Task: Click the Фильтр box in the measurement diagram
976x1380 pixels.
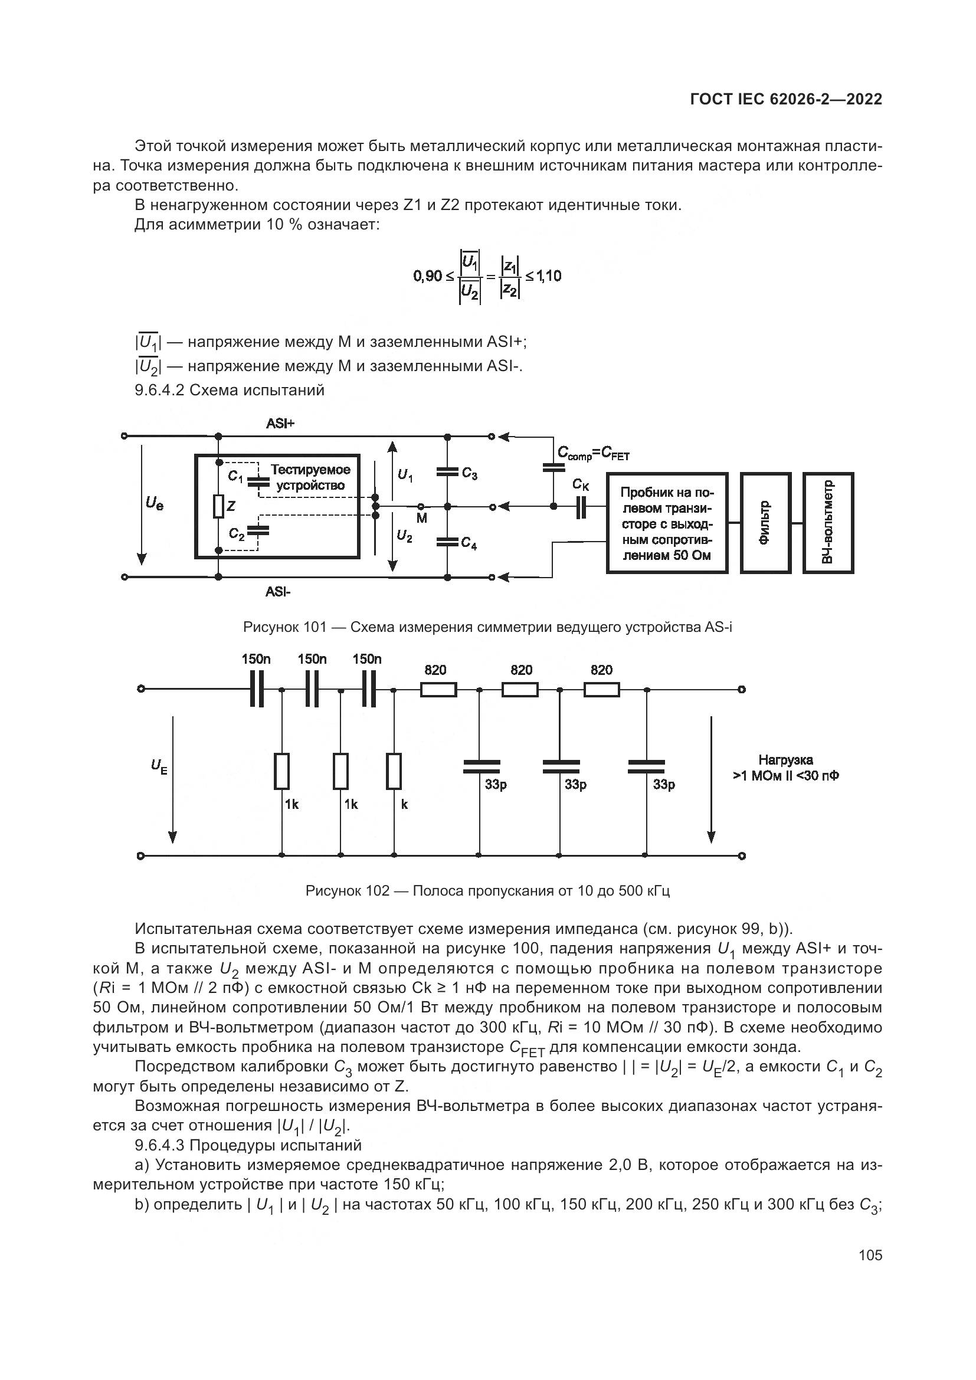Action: click(x=765, y=523)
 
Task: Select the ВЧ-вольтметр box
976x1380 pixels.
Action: click(x=827, y=523)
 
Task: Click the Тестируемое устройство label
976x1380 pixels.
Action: click(x=310, y=477)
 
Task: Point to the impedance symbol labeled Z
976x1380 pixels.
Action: click(x=219, y=507)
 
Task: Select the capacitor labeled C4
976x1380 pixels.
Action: click(x=447, y=542)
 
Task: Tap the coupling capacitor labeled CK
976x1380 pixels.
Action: click(x=580, y=507)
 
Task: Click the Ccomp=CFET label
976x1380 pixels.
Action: click(x=592, y=454)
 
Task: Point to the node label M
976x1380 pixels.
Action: click(x=422, y=518)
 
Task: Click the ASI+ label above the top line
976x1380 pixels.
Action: click(x=280, y=424)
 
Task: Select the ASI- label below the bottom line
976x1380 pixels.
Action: click(x=279, y=592)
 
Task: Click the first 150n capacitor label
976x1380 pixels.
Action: click(x=256, y=659)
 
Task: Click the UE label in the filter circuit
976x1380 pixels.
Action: click(x=159, y=766)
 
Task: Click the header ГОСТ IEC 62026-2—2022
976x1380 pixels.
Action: click(x=786, y=100)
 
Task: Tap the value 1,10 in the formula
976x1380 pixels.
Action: click(x=548, y=276)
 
